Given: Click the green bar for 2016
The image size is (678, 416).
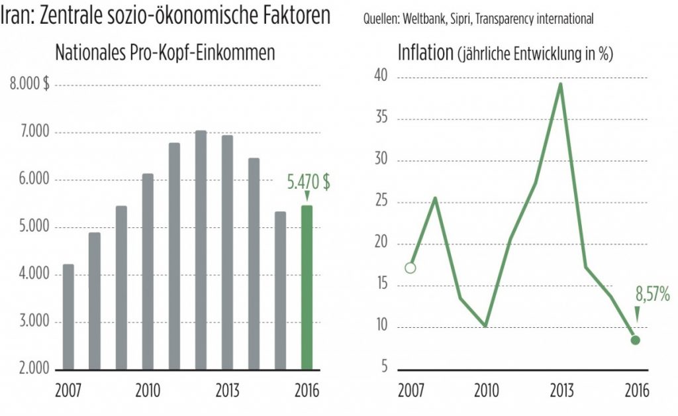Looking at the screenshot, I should pos(307,287).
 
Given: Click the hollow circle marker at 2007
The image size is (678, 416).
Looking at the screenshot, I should pos(411,268).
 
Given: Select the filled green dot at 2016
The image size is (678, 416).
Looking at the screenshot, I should pos(635,340).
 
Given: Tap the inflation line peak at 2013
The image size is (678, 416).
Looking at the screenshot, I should pos(561,84).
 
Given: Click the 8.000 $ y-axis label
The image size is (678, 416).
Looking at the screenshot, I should pos(31,85).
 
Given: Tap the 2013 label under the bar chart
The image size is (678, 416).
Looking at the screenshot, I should pos(228,390).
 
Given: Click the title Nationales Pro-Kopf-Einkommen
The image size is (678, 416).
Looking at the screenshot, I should pos(165,53).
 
